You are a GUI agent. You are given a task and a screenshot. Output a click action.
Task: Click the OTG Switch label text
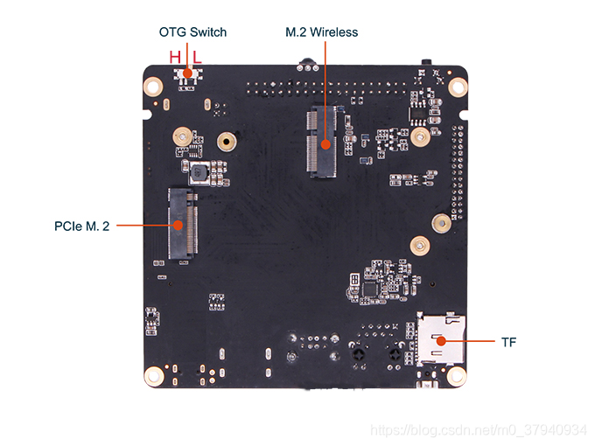click(x=192, y=32)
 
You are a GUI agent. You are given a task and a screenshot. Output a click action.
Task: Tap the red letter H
click(x=175, y=57)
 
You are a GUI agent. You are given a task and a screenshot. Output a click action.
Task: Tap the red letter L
click(x=197, y=57)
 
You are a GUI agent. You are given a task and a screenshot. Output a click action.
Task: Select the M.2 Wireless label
click(x=322, y=32)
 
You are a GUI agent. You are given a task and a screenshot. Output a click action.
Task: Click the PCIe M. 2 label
click(x=81, y=226)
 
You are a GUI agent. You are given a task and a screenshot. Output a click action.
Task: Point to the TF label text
click(x=509, y=341)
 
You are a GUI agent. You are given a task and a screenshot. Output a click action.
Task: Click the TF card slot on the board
click(x=442, y=339)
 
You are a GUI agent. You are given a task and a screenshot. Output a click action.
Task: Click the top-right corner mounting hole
click(x=457, y=87)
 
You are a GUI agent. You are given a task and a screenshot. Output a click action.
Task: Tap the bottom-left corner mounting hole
click(x=154, y=376)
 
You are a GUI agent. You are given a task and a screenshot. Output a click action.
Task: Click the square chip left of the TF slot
click(x=372, y=287)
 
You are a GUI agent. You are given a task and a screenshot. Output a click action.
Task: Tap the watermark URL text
click(x=479, y=430)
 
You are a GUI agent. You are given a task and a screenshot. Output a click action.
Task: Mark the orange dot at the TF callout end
click(x=443, y=340)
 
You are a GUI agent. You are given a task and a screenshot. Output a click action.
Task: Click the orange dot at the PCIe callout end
click(x=178, y=225)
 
